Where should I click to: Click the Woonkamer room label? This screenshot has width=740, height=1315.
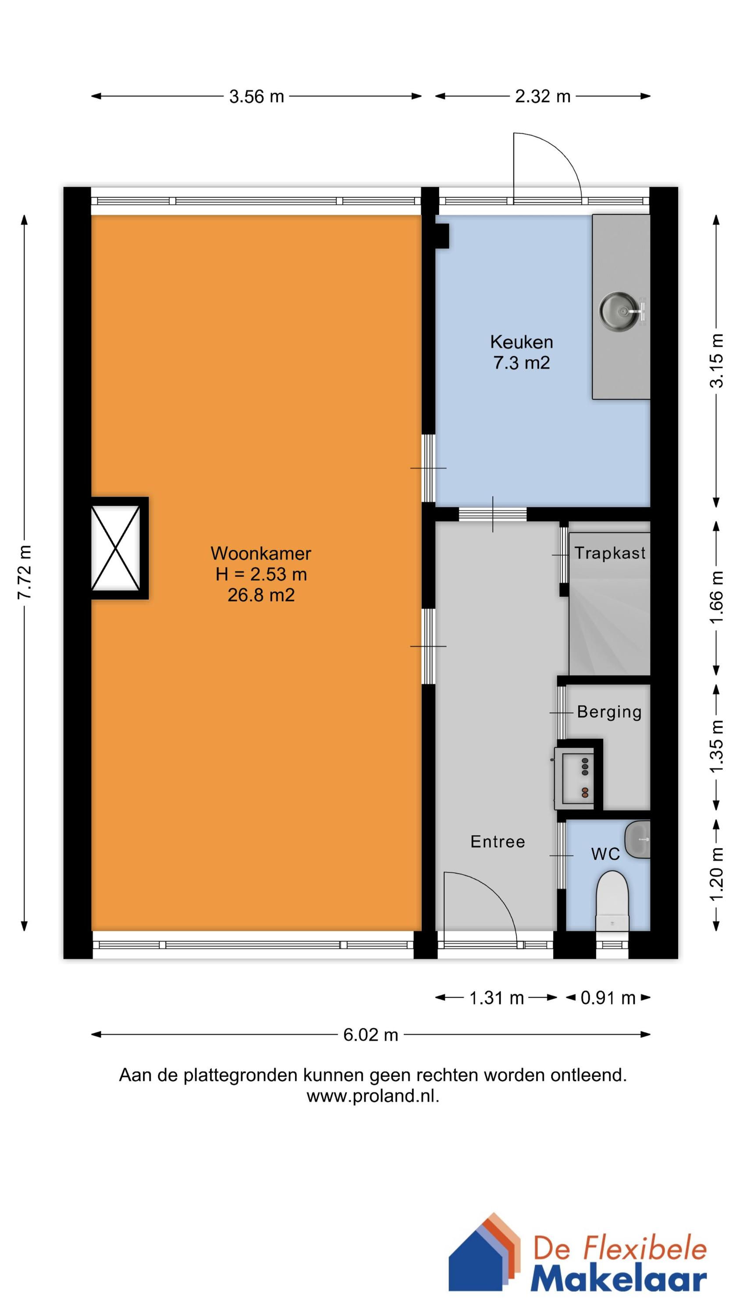[x=260, y=553]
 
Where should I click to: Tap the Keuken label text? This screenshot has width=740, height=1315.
[x=521, y=341]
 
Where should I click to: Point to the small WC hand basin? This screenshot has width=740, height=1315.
[x=637, y=840]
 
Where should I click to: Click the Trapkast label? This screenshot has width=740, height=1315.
[x=610, y=553]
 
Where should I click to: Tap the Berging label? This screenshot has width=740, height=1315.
[x=609, y=712]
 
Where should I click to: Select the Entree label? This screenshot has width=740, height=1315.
[x=498, y=842]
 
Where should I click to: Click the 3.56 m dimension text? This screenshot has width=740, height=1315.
[x=256, y=96]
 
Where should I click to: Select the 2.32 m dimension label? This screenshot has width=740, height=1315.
[x=542, y=96]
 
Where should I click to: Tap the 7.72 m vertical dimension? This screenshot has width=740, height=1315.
[x=25, y=572]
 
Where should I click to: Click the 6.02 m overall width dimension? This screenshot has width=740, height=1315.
[x=370, y=1035]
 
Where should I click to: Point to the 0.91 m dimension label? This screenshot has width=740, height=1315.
[x=608, y=998]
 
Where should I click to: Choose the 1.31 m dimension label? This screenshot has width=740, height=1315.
[x=496, y=998]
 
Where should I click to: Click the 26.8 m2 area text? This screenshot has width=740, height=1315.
[x=261, y=595]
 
